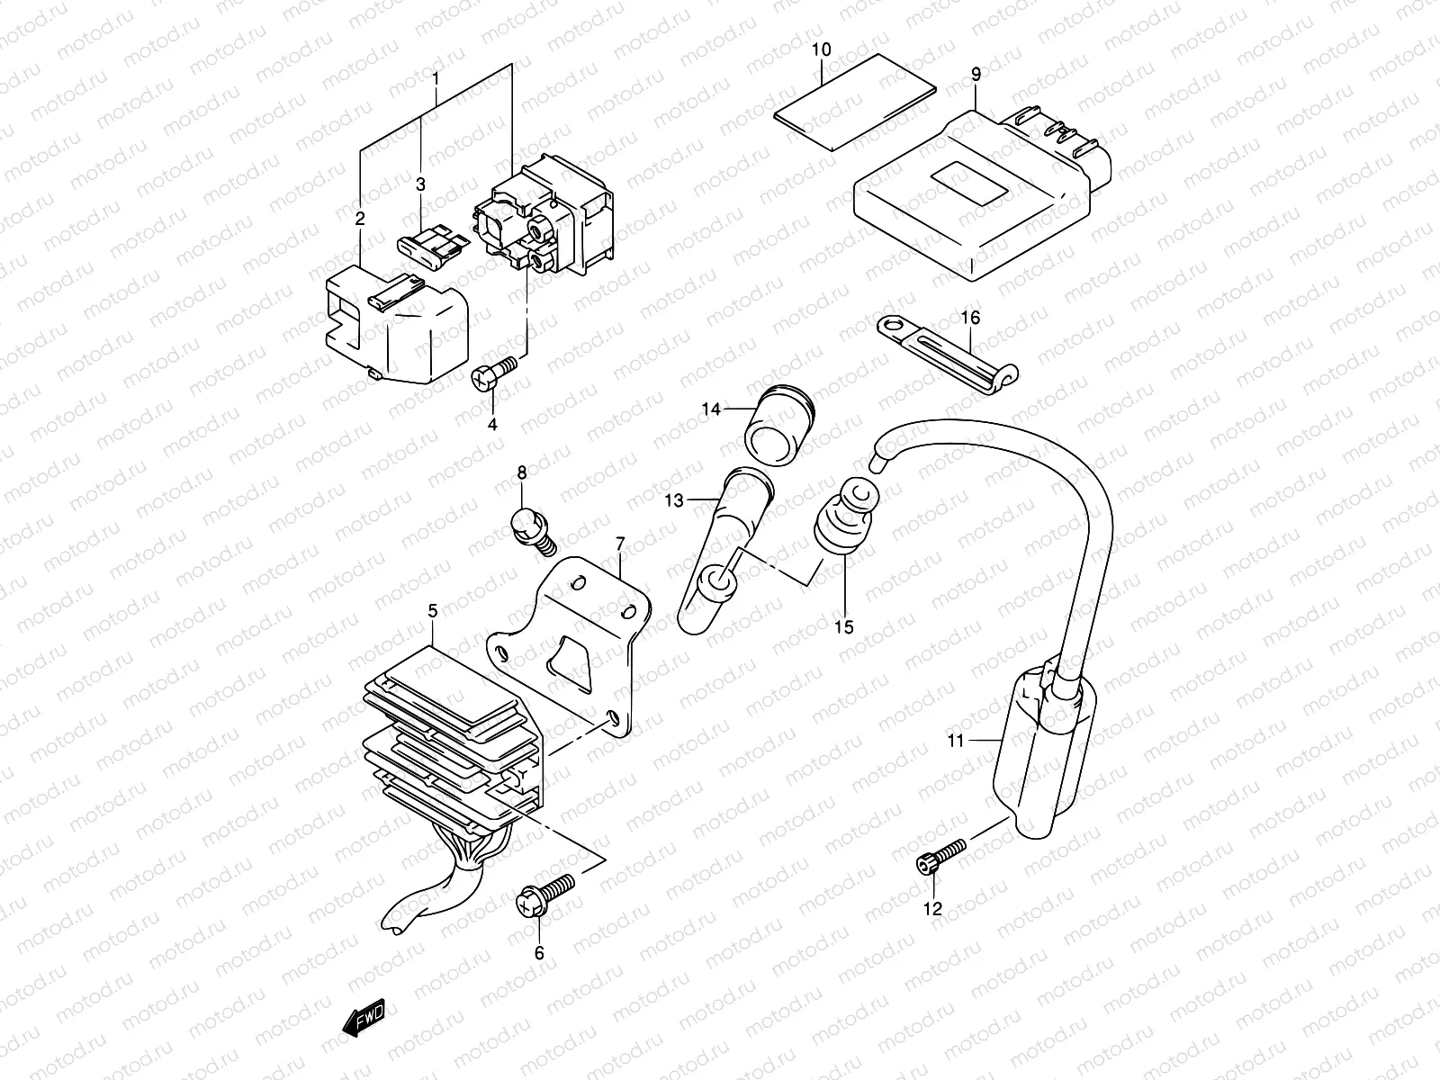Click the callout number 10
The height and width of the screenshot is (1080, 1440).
pos(821,49)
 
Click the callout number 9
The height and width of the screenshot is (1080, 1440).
pos(976,75)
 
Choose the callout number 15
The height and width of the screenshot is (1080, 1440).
pos(843,626)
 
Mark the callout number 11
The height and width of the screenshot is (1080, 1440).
pos(955,742)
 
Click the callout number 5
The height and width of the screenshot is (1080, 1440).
pos(432,611)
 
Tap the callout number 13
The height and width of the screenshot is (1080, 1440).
pos(675,499)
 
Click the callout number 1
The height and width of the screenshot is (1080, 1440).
pos(436,78)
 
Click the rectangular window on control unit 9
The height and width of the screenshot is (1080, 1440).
pos(967,184)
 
